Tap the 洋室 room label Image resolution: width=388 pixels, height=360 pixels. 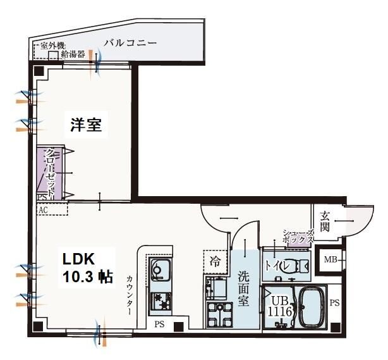(x=86, y=125)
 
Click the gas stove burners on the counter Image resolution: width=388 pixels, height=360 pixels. (x=159, y=301)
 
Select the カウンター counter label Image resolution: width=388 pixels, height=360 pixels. (x=129, y=294)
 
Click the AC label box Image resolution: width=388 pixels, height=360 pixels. (x=44, y=209)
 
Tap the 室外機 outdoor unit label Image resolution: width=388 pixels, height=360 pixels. (x=53, y=46)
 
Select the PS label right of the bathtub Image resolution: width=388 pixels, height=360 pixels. (x=334, y=303)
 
